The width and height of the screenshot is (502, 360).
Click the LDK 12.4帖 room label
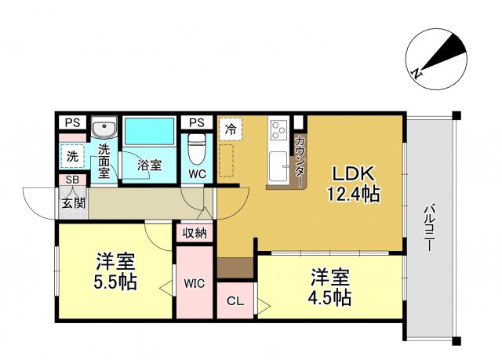click(354, 184)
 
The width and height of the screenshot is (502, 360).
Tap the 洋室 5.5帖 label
click(116, 271)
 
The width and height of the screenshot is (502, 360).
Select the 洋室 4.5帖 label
click(330, 287)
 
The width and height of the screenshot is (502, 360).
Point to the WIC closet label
click(194, 283)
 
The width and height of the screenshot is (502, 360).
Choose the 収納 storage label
click(195, 232)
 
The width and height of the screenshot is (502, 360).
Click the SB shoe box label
click(72, 180)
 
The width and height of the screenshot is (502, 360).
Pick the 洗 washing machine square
click(72, 156)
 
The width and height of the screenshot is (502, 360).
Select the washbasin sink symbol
click(104, 128)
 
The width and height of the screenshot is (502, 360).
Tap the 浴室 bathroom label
click(150, 165)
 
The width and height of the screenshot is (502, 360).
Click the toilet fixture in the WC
click(196, 146)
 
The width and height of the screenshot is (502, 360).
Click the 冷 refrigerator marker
click(231, 128)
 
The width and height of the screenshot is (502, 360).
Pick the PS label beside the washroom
click(72, 122)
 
